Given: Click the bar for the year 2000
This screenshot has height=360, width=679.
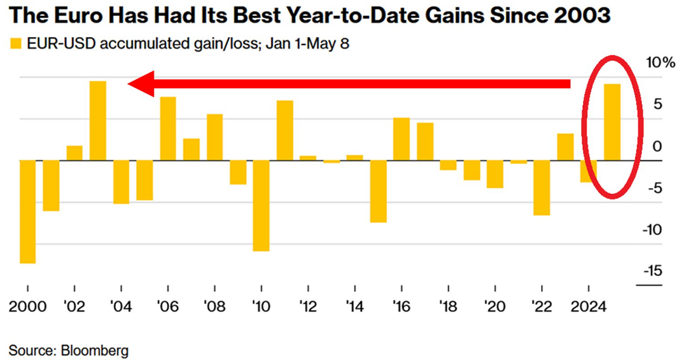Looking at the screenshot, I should (x=27, y=211).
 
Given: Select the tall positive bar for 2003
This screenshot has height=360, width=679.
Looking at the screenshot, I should (x=98, y=121).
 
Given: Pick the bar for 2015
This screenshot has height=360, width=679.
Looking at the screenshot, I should (x=377, y=191).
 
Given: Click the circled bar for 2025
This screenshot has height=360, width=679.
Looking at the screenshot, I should (x=612, y=122).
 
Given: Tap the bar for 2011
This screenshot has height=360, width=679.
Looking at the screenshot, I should (x=285, y=130).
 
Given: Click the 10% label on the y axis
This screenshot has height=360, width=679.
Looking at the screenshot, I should (x=658, y=63).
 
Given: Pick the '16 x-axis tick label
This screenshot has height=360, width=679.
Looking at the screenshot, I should (x=401, y=304).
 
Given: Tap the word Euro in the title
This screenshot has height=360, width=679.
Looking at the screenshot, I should (x=66, y=15).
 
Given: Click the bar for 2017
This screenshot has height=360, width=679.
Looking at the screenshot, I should (x=425, y=141).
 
